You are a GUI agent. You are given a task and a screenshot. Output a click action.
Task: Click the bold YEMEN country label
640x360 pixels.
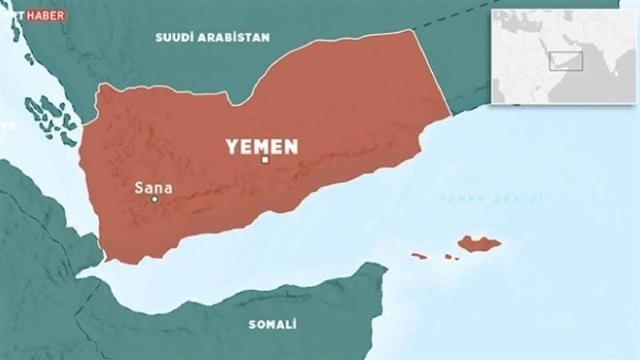pyautogui.click(x=262, y=146)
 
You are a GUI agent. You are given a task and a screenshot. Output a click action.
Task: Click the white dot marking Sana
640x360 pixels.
pyautogui.click(x=154, y=199)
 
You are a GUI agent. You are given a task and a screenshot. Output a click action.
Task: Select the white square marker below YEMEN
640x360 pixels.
pyautogui.click(x=265, y=160)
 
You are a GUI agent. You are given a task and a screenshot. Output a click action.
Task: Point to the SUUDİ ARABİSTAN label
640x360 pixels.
pyautogui.click(x=213, y=37)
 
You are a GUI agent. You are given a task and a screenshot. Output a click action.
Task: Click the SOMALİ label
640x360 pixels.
pyautogui.click(x=273, y=324)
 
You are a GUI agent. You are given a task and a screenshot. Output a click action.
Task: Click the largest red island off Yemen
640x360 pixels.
pyautogui.click(x=479, y=243)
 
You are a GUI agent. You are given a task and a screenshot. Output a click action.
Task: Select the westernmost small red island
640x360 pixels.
pyautogui.click(x=419, y=256)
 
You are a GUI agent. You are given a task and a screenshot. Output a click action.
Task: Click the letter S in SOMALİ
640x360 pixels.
pyautogui.click(x=252, y=324)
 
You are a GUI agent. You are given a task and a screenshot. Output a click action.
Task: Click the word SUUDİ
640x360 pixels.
pyautogui.click(x=174, y=37)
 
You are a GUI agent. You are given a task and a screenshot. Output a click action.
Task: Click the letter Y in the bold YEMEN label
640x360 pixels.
pyautogui.click(x=231, y=146)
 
